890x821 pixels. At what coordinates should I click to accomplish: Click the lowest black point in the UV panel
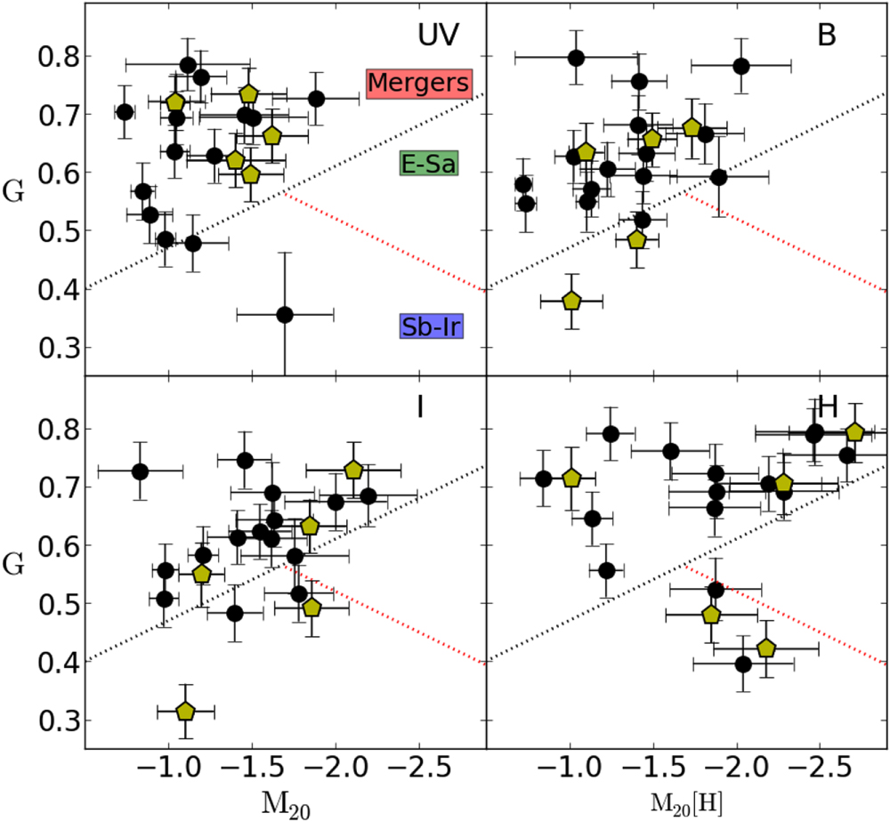(x=285, y=315)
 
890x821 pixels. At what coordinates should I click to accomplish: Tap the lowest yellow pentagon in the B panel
(x=571, y=301)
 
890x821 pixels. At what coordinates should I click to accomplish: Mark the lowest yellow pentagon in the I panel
(x=185, y=711)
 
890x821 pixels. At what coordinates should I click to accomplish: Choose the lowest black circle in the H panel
(x=744, y=664)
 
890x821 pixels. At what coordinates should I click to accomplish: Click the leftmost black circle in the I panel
(x=140, y=471)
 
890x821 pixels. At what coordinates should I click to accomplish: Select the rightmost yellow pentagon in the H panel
(x=855, y=432)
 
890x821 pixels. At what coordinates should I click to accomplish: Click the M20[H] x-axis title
(x=687, y=802)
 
